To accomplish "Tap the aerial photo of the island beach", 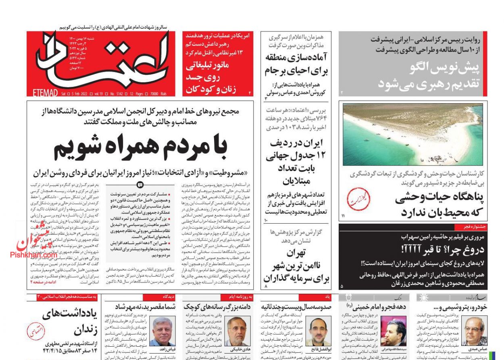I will [x=412, y=134].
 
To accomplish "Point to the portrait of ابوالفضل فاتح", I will [x=319, y=331].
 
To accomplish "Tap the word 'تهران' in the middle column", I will [x=296, y=253].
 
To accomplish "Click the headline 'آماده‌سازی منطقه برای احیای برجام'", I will [x=296, y=64].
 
